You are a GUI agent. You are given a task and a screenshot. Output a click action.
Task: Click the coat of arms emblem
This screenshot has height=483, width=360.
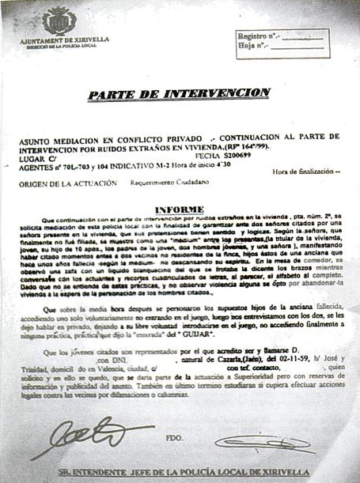click(x=59, y=20)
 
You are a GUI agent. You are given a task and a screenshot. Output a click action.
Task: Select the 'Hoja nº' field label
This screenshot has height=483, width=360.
click(x=252, y=47)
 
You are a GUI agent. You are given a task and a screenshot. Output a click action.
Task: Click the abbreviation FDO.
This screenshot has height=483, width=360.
click(x=174, y=434)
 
